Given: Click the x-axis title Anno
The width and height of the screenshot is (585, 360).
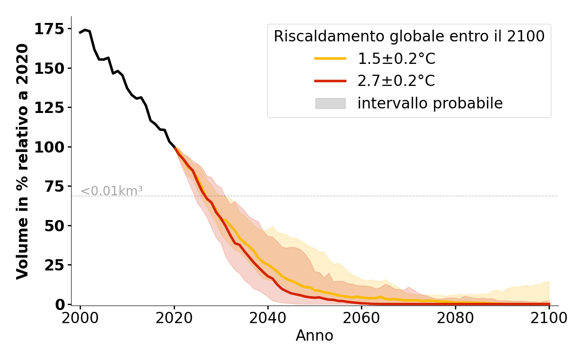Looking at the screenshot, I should click(x=315, y=336).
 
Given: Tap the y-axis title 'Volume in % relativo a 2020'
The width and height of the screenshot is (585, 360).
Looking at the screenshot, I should click(x=22, y=162).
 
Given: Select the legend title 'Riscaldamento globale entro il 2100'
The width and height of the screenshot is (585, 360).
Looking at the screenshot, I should click(x=409, y=36).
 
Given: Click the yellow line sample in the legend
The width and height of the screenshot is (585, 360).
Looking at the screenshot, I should click(x=330, y=58).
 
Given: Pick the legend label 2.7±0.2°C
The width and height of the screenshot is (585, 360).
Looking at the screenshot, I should click(x=396, y=81).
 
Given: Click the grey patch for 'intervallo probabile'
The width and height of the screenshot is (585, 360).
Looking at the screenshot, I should click(x=330, y=103).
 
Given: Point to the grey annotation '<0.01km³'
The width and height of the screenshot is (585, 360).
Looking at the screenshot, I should click(x=112, y=191).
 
